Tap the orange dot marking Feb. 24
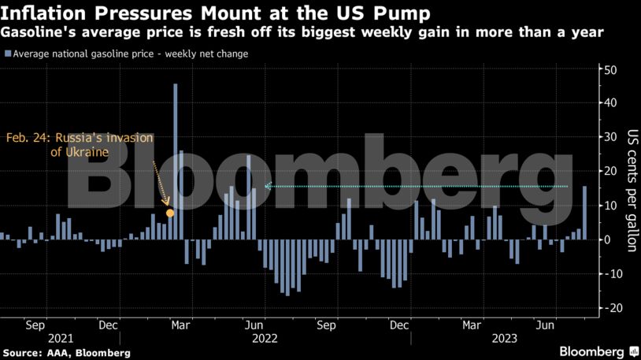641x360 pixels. click(170, 213)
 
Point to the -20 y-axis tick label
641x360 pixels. click(609, 308)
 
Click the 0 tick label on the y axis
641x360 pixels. click(606, 239)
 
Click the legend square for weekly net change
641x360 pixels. click(7, 54)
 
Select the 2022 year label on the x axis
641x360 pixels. click(265, 337)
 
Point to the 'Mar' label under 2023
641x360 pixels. click(472, 324)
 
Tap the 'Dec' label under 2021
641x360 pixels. click(109, 324)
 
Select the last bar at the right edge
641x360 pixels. click(584, 213)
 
